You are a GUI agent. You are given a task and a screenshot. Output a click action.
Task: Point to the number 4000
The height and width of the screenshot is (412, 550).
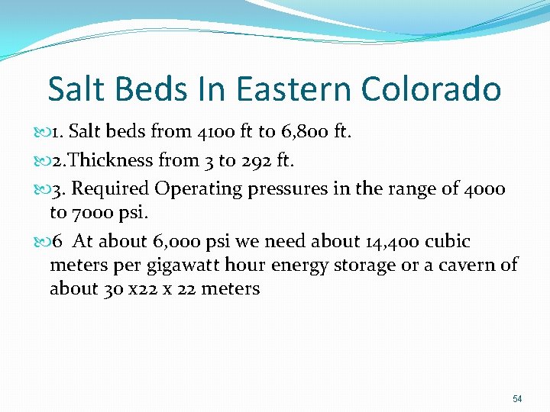(x=484, y=189)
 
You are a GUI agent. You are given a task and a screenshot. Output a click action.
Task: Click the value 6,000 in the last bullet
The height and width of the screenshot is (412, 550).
(x=176, y=242)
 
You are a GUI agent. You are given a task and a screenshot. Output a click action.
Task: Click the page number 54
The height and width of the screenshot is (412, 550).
(x=517, y=399)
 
